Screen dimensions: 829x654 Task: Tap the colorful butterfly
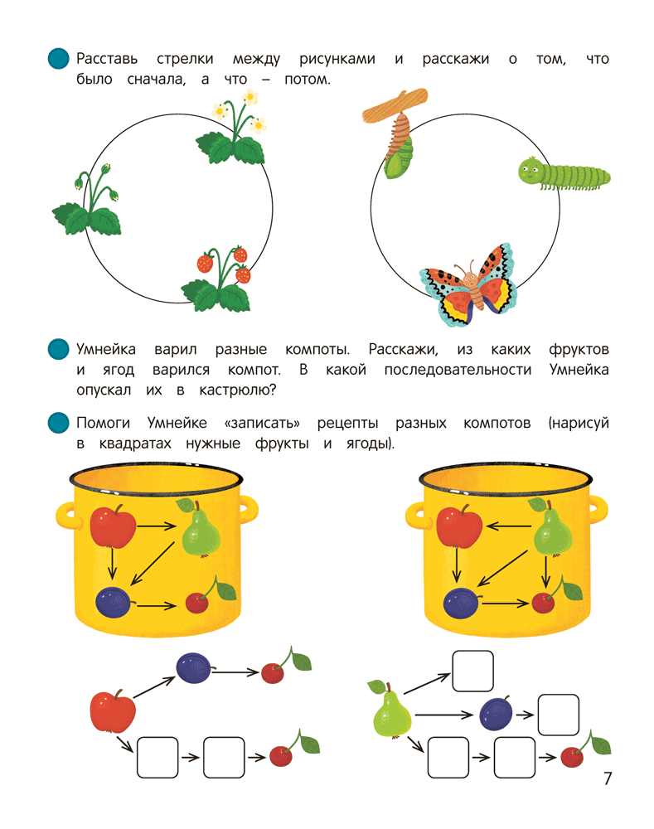pyautogui.click(x=468, y=286)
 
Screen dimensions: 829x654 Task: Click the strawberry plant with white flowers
pyautogui.click(x=234, y=134)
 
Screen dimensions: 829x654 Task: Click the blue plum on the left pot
pyautogui.click(x=113, y=601)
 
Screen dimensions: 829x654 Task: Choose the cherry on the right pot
pyautogui.click(x=544, y=602)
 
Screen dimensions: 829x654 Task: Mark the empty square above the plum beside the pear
pyautogui.click(x=472, y=671)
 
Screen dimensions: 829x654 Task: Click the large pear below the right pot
pyautogui.click(x=391, y=714)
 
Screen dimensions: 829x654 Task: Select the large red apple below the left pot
pyautogui.click(x=112, y=712)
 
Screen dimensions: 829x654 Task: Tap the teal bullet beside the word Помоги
pyautogui.click(x=57, y=424)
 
